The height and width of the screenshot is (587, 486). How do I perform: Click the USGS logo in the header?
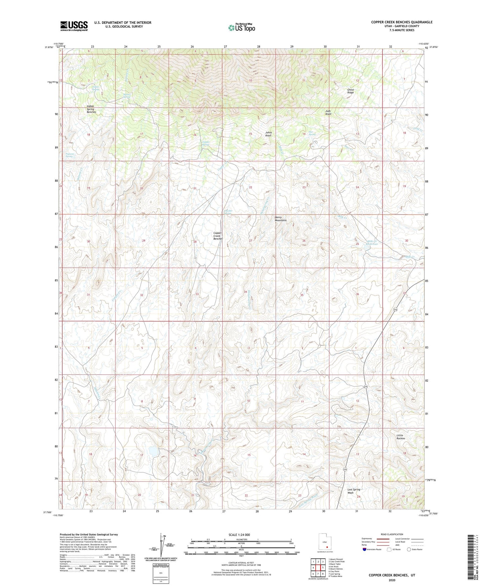[x=74, y=26]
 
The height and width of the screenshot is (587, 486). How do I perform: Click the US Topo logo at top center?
[x=241, y=28]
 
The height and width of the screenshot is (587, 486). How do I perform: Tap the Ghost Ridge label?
[x=350, y=91]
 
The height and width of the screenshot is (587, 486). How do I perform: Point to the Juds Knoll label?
[x=328, y=113]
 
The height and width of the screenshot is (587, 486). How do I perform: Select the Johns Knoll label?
[x=268, y=134]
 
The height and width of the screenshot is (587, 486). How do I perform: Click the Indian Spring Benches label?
[x=91, y=109]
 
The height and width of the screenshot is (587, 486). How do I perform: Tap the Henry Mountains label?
[x=281, y=219]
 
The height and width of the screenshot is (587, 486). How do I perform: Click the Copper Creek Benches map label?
[x=218, y=236]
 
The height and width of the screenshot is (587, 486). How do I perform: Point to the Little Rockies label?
[x=401, y=437]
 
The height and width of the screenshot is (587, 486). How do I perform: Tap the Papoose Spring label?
[x=69, y=155]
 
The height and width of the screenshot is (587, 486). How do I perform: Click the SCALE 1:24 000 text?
[x=239, y=535]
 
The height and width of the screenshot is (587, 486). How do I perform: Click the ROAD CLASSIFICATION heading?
[x=392, y=534]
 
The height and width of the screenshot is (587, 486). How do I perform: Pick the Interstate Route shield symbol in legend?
[x=365, y=549]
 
